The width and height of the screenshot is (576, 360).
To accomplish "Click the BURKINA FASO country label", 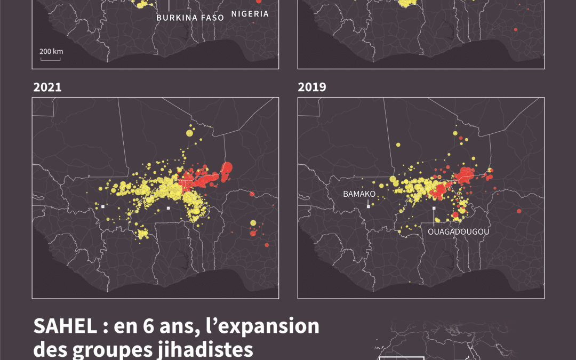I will point(190,18).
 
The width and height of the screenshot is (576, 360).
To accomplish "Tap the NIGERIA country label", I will point(250,14).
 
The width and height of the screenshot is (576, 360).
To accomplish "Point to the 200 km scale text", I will point(51,51).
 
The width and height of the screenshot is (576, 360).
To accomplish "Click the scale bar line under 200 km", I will point(50,59).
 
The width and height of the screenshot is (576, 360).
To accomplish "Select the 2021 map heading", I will point(47,87).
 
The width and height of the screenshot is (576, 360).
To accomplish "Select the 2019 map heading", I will point(312,87).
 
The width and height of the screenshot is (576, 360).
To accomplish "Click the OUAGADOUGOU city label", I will point(458,232).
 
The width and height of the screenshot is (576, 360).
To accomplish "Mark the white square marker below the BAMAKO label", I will point(368,206).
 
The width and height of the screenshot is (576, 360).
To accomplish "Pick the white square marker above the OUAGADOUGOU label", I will point(434,208).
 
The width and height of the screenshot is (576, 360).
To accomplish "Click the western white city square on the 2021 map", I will point(103,206).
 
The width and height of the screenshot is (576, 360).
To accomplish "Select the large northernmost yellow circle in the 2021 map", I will point(189,133).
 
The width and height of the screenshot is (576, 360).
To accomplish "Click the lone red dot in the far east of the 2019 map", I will point(518,212).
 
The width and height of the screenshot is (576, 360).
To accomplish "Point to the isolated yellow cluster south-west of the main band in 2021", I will point(142,233).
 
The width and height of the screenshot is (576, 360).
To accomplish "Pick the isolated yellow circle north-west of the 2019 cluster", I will point(398,145).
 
